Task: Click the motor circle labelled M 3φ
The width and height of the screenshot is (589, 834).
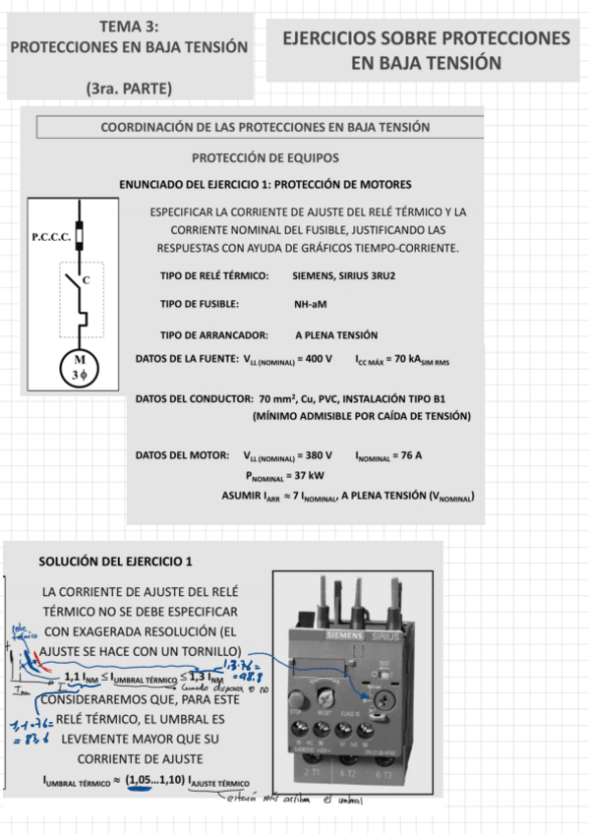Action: click(x=80, y=367)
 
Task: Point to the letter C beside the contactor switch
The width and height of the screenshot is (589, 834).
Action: click(x=88, y=280)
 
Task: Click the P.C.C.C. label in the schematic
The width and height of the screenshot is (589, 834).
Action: click(x=50, y=237)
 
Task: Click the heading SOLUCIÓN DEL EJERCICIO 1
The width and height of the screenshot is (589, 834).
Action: click(x=115, y=562)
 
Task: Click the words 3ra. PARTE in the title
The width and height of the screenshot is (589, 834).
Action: click(x=129, y=89)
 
